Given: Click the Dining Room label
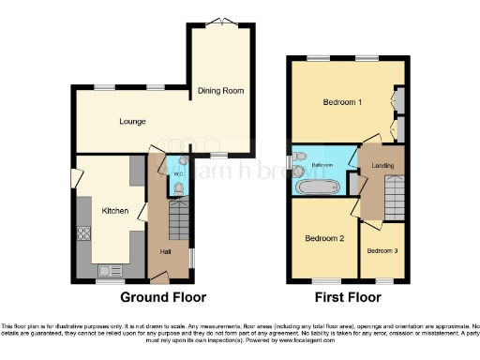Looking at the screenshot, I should point(220,91).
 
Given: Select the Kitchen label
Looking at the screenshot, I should point(115,211).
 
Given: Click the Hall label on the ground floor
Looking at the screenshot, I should point(165,252).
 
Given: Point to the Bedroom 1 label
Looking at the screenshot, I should point(342,101).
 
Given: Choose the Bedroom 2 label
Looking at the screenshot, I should point(324,238).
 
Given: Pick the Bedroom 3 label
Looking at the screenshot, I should point(382,250).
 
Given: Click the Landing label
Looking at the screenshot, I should point(382,167).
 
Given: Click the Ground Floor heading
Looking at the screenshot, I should point(158,297).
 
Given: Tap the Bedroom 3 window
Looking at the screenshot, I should point(382,279).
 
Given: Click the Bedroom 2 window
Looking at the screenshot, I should point(323,279).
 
